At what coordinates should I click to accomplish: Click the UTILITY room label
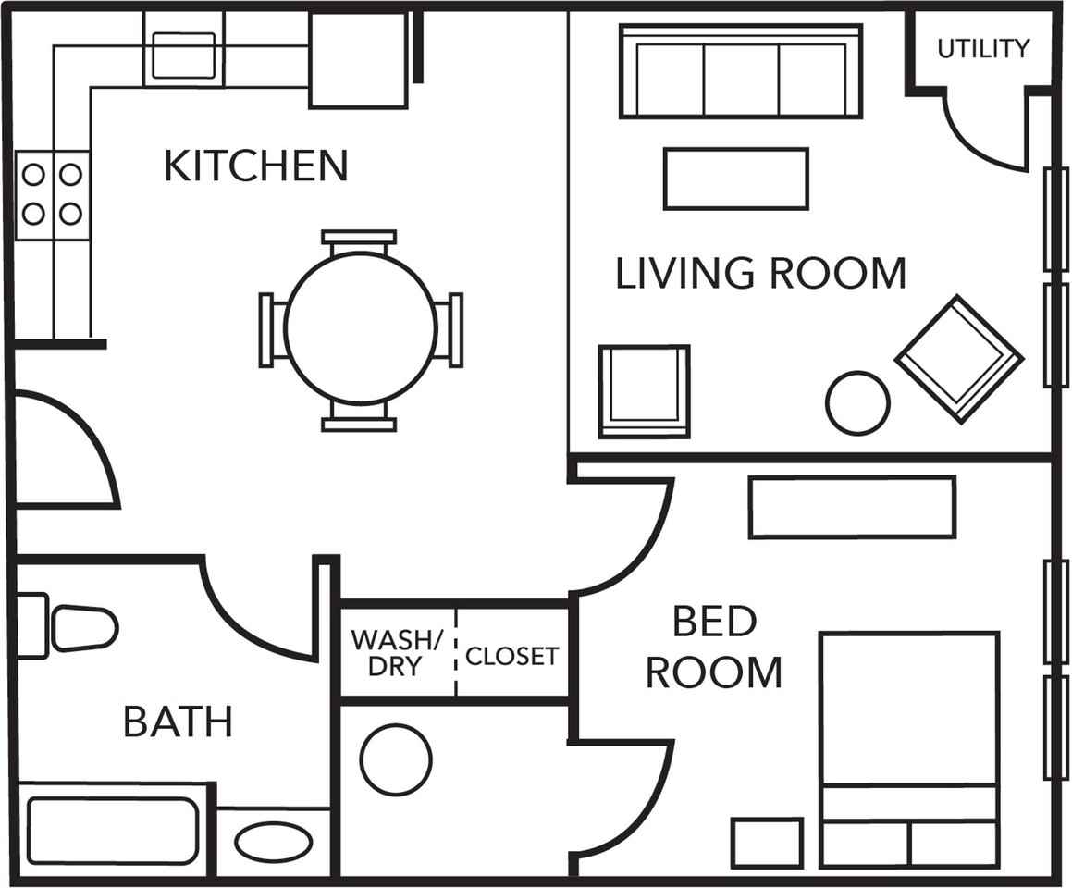pyautogui.click(x=982, y=48)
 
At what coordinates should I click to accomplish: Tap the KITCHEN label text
pyautogui.click(x=256, y=166)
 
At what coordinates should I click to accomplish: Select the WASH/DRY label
pyautogui.click(x=396, y=653)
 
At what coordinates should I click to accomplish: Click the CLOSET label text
pyautogui.click(x=512, y=656)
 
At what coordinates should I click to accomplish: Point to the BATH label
pyautogui.click(x=179, y=721)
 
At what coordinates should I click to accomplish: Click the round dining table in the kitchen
pyautogui.click(x=361, y=328)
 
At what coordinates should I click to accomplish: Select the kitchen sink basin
pyautogui.click(x=183, y=55)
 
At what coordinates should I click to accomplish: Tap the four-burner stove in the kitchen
pyautogui.click(x=53, y=195)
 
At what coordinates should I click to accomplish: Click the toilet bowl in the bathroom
pyautogui.click(x=85, y=627)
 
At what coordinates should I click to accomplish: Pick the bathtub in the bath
pyautogui.click(x=114, y=831)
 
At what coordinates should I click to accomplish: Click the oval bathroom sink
pyautogui.click(x=274, y=842)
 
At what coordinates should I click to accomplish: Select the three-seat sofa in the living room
pyautogui.click(x=741, y=71)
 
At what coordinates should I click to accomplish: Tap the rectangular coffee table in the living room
pyautogui.click(x=736, y=179)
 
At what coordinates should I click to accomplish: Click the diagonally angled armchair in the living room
pyautogui.click(x=959, y=360)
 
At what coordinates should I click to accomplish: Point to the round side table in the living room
pyautogui.click(x=857, y=402)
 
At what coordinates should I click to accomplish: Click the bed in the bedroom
pyautogui.click(x=910, y=750)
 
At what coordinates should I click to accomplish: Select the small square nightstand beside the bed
pyautogui.click(x=767, y=843)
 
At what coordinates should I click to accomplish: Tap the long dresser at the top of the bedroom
pyautogui.click(x=852, y=507)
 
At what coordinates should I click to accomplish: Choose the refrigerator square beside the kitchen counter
pyautogui.click(x=358, y=59)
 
